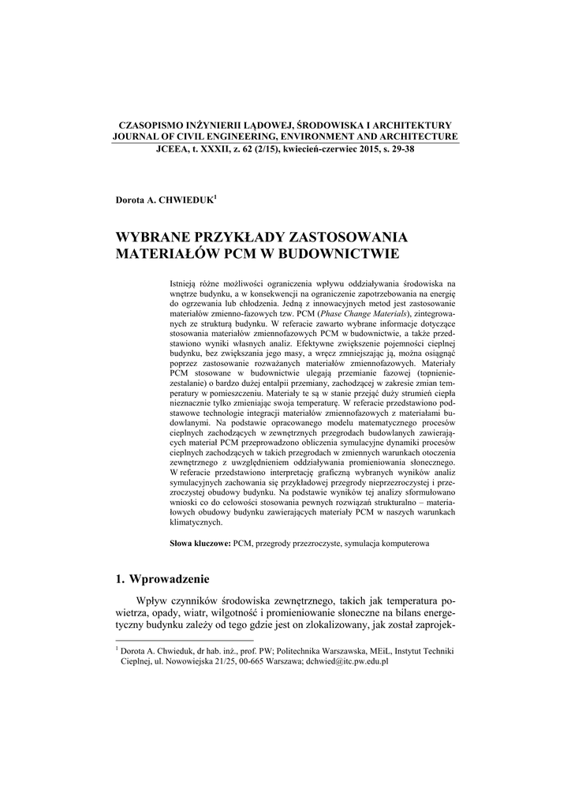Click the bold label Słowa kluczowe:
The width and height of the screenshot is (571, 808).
tap(200, 544)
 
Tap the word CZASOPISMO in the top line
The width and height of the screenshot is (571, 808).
tap(151, 125)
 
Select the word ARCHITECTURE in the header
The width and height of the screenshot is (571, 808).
tap(416, 137)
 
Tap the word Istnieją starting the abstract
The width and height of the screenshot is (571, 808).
tap(185, 282)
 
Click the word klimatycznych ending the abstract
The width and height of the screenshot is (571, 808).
tap(197, 522)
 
